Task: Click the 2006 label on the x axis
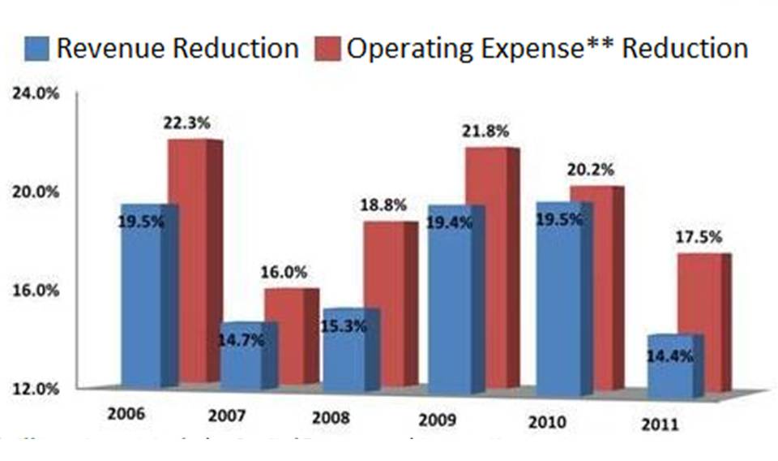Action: pyautogui.click(x=126, y=412)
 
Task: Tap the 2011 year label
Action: pyautogui.click(x=660, y=424)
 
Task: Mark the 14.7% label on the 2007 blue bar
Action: pyautogui.click(x=242, y=341)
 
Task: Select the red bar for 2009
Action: pyautogui.click(x=486, y=268)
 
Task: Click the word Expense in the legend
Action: pyautogui.click(x=524, y=49)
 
